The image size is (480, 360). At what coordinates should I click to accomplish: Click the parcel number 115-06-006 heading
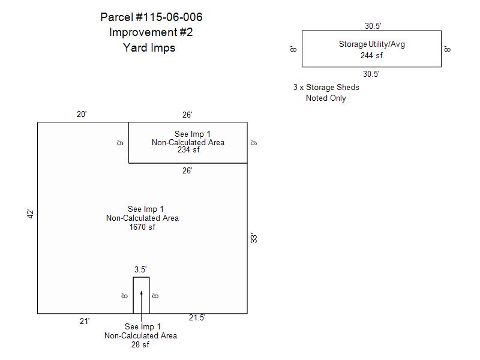coord(151,17)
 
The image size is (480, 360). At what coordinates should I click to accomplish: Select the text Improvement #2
coord(151,32)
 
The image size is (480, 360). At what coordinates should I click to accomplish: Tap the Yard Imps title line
coord(149,48)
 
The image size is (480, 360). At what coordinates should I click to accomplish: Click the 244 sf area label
coord(371,55)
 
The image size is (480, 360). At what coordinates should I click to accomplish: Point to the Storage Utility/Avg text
coord(371,44)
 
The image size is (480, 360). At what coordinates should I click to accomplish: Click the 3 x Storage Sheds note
coord(326,87)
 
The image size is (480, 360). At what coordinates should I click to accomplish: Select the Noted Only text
coord(326,98)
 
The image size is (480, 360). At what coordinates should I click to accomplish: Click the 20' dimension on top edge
coord(82,114)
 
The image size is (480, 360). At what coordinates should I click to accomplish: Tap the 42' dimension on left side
coord(31,214)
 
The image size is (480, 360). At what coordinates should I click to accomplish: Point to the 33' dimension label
coord(254,238)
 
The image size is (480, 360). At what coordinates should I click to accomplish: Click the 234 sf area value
coord(188,149)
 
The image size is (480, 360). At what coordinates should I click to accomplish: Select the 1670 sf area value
coord(142,227)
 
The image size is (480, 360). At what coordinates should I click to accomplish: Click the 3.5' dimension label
coord(140,269)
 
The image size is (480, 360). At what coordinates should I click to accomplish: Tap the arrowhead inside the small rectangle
coord(142,293)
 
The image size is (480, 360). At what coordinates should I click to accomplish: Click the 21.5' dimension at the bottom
coord(197,318)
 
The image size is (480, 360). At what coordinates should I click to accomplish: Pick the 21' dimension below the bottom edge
coord(85,321)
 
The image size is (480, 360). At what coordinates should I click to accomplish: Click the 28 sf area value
coord(140,344)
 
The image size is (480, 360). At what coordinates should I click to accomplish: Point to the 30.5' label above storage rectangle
coord(373,26)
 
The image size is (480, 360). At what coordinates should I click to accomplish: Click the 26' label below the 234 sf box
coord(187,170)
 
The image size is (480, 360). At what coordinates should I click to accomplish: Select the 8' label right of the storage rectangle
coord(447,49)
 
